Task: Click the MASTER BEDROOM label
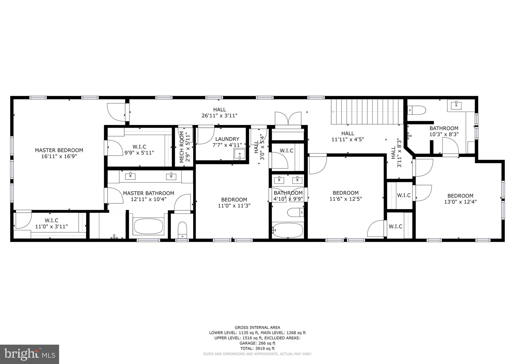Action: (59, 150)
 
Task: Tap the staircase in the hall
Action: (367, 112)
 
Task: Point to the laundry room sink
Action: (239, 154)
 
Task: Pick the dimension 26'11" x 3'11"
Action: (220, 116)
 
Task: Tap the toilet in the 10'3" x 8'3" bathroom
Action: (417, 110)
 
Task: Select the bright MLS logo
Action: (29, 354)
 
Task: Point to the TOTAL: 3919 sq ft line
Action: (257, 348)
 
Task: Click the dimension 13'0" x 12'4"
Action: (460, 202)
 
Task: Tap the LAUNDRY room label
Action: (227, 139)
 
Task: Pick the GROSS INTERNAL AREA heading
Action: (257, 327)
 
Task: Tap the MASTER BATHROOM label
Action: (148, 193)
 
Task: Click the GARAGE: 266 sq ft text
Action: (257, 343)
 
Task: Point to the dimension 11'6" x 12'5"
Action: (346, 199)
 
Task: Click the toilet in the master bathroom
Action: (182, 230)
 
